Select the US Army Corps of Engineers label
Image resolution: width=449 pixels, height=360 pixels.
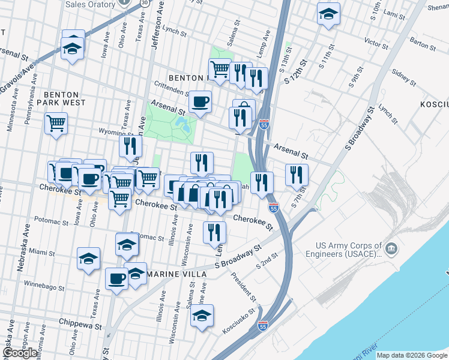(349, 250)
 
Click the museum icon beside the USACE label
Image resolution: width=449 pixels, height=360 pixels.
(391, 248)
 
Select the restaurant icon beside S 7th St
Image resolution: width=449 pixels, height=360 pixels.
(297, 174)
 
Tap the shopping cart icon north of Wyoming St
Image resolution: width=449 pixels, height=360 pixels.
(56, 124)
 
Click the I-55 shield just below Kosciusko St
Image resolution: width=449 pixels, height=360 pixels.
(263, 326)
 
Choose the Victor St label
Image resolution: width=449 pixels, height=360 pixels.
(376, 43)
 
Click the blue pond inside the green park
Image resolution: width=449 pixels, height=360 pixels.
(181, 124)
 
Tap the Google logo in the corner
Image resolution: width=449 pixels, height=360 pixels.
(20, 353)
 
